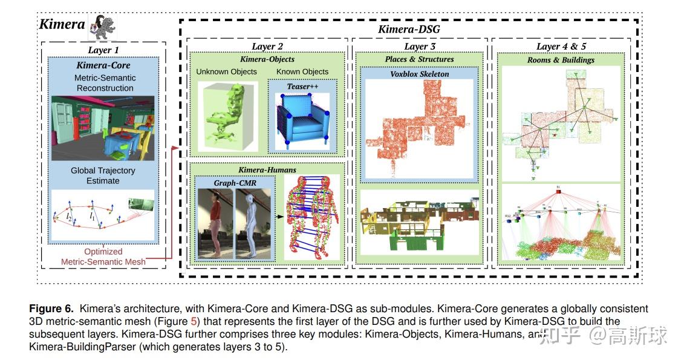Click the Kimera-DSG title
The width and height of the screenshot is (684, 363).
[x=408, y=29]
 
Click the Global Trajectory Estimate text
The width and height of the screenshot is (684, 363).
[x=103, y=175]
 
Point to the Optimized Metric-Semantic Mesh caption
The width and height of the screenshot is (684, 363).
[x=103, y=257]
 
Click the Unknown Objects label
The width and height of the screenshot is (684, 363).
[x=226, y=71]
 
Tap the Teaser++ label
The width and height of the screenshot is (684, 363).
[x=301, y=86]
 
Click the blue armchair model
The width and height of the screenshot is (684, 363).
[x=301, y=121]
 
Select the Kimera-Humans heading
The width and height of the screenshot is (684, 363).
[x=267, y=170]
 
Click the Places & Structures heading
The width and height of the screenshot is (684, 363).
[x=419, y=59]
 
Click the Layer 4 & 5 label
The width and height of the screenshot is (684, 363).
[x=561, y=47]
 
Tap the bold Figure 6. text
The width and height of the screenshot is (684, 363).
[x=54, y=309]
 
